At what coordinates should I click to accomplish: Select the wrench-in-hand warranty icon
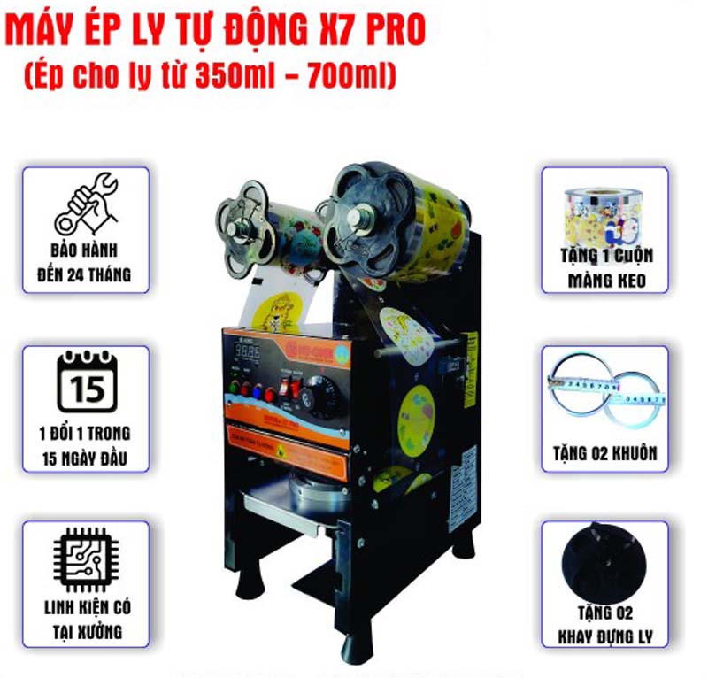(x=86, y=203)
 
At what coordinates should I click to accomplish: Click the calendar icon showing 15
(x=86, y=381)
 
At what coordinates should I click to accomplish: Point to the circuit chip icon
(x=86, y=558)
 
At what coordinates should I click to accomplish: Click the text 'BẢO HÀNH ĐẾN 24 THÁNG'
(x=86, y=263)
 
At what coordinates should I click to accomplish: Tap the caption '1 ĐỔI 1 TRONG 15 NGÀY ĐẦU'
(x=86, y=444)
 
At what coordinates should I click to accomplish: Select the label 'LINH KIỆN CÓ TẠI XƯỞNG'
(x=86, y=620)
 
